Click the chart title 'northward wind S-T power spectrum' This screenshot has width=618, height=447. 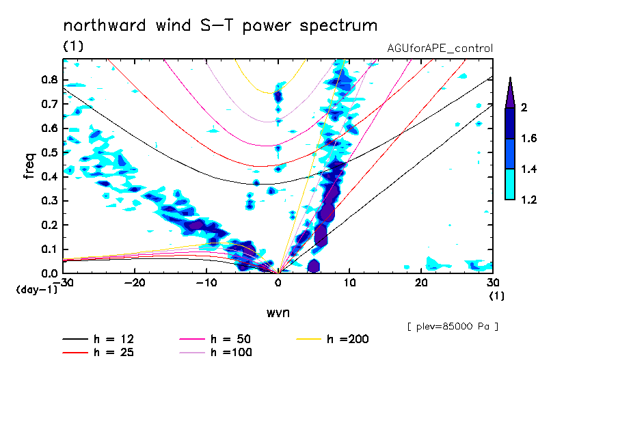(x=219, y=26)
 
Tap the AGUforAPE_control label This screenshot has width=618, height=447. (x=440, y=49)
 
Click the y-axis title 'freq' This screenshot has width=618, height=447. (x=29, y=166)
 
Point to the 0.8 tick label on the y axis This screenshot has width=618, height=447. (x=49, y=79)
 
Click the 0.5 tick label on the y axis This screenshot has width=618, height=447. (x=49, y=152)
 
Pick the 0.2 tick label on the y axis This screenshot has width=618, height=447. (x=49, y=225)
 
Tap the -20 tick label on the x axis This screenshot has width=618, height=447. (x=135, y=282)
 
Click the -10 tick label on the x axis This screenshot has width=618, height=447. (x=206, y=282)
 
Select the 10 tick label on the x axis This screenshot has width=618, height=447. (x=349, y=282)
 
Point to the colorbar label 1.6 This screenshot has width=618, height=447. (x=528, y=139)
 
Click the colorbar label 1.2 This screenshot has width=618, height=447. (x=528, y=200)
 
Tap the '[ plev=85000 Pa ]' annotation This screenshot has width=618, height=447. (x=453, y=327)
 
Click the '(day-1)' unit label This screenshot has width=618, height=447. (x=36, y=290)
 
